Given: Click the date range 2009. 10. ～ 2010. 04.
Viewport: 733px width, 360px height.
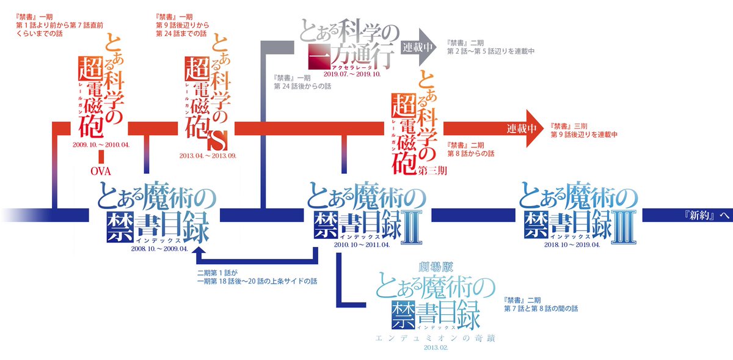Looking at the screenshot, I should coord(101,145).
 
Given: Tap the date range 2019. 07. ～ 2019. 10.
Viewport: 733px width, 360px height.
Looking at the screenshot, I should coord(352,73).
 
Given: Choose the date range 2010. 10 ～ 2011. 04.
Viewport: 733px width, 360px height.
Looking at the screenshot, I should coord(366,244).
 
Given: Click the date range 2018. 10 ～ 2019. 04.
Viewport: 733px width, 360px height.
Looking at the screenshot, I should coord(572,244).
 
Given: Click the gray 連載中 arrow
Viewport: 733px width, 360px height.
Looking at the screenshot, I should coord(420,46).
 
